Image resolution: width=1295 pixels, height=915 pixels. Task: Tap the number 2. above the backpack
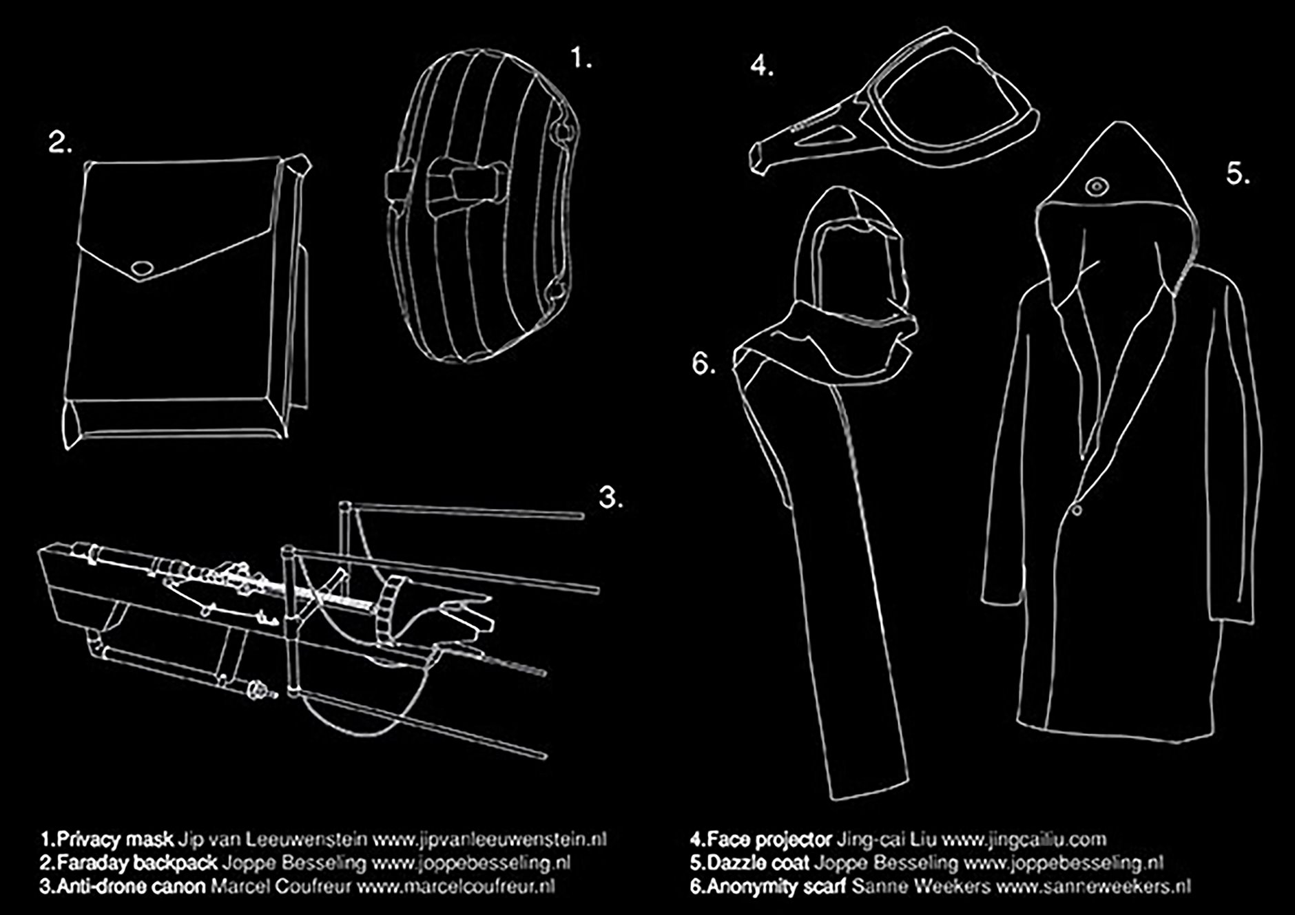pyautogui.click(x=60, y=143)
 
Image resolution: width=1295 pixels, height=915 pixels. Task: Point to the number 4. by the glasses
pyautogui.click(x=762, y=67)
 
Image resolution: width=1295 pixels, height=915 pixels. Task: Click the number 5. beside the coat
pyautogui.click(x=1238, y=173)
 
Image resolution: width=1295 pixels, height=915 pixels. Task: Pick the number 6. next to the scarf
pyautogui.click(x=703, y=364)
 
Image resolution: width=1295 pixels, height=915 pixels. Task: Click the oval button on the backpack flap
pyautogui.click(x=143, y=269)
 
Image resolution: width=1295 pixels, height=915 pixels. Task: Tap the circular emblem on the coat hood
pyautogui.click(x=1095, y=187)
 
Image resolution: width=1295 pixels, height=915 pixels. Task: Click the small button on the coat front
pyautogui.click(x=1075, y=510)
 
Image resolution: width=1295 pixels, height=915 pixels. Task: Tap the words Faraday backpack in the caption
pyautogui.click(x=137, y=863)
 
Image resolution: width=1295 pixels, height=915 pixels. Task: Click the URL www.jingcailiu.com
pyautogui.click(x=1024, y=840)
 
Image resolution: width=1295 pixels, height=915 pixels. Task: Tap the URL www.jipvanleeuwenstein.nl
pyautogui.click(x=489, y=840)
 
